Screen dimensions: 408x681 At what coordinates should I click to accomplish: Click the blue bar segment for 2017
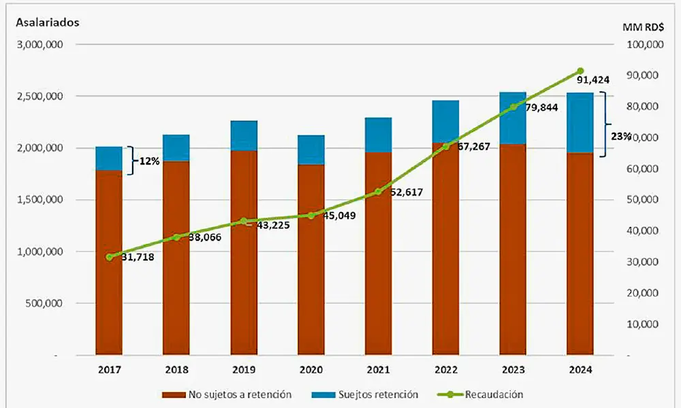[109, 158]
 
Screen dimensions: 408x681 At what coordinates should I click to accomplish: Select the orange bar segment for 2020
[311, 258]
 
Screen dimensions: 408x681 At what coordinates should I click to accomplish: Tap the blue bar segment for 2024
[579, 122]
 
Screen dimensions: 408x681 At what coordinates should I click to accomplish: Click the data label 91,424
[592, 80]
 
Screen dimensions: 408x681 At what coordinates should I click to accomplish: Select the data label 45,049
[338, 216]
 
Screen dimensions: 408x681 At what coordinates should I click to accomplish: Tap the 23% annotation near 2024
[620, 135]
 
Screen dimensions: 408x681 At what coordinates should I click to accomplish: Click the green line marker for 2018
[176, 237]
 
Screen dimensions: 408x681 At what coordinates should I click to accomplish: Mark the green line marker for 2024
[580, 71]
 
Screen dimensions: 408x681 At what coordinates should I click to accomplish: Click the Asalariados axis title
[48, 22]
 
